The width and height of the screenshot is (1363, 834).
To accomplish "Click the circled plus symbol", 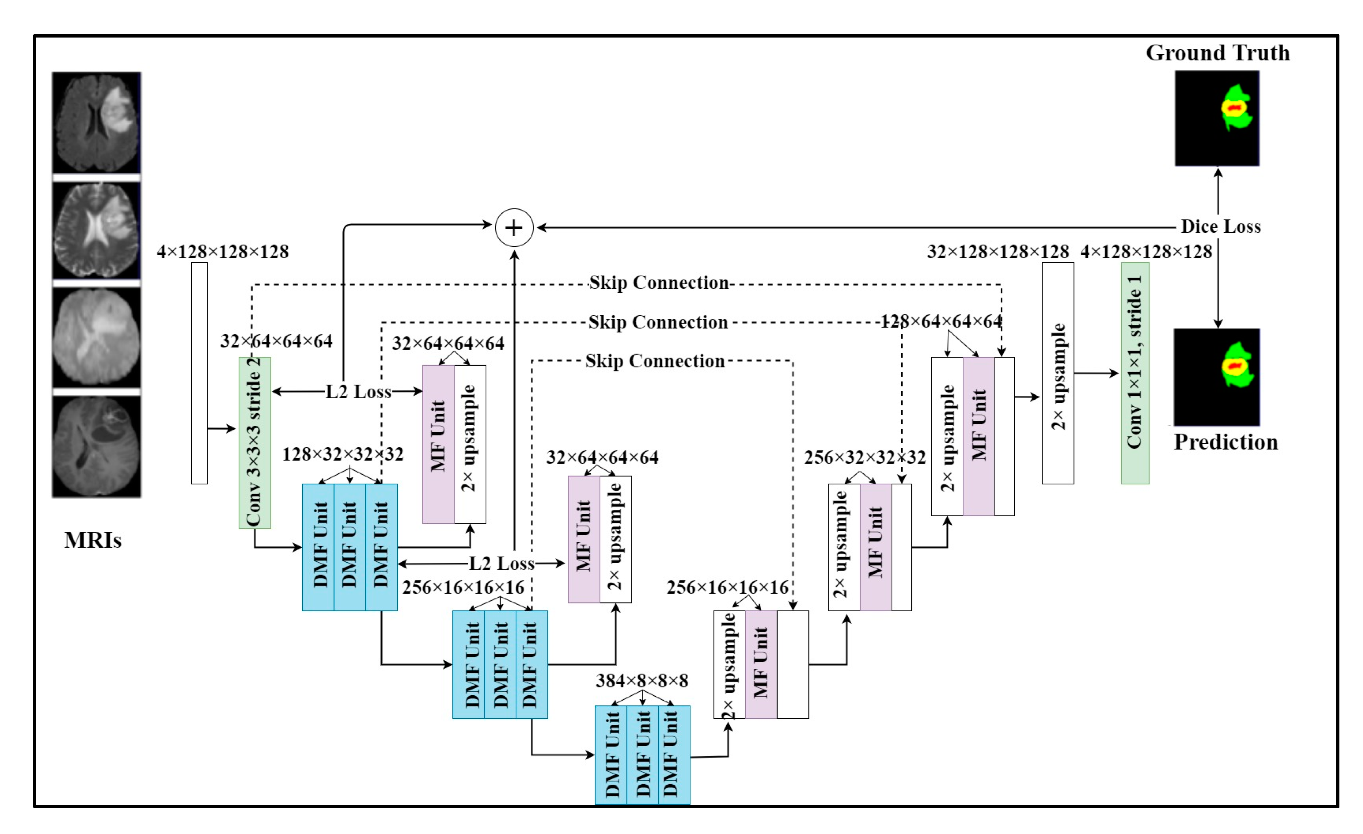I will (514, 227).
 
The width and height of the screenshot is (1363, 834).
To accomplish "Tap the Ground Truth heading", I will (1218, 53).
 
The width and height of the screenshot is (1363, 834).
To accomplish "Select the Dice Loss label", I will (1220, 226).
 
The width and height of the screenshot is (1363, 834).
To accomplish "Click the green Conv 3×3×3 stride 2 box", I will (254, 443).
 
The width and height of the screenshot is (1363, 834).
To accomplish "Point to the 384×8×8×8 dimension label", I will (642, 681).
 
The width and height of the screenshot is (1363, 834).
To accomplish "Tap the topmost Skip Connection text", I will (658, 283).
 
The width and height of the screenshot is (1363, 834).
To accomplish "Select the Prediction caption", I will (1225, 442).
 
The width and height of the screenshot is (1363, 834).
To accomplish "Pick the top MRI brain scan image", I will (96, 122).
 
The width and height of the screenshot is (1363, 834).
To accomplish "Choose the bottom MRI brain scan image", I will (96, 446).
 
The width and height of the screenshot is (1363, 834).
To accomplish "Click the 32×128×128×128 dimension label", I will (998, 252).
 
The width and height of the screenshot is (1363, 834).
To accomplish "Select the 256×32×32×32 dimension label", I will (864, 458).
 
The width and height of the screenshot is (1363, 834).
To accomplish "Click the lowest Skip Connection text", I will (655, 361).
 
